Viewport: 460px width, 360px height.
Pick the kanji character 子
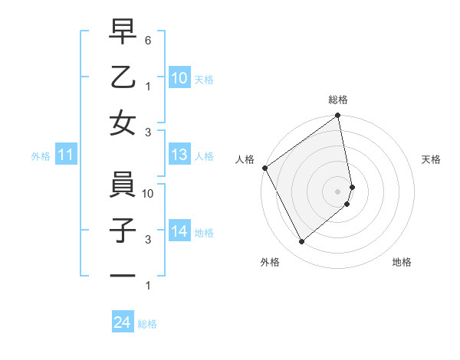[123, 231]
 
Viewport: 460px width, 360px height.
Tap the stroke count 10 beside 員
[148, 194]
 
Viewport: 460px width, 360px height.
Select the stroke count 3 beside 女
[148, 132]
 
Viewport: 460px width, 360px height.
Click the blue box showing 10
[179, 77]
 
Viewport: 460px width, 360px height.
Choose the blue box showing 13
[179, 155]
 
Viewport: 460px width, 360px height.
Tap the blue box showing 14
[179, 231]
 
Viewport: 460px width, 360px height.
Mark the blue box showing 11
[66, 155]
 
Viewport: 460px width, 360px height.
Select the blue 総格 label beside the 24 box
[147, 324]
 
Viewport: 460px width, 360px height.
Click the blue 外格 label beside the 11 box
[41, 156]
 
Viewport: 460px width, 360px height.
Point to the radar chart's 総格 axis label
[338, 100]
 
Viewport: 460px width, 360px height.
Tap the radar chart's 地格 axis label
[402, 263]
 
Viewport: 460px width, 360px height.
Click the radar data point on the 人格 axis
[264, 168]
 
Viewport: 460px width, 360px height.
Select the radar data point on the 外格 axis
[301, 242]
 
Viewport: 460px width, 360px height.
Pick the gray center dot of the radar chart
[338, 191]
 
